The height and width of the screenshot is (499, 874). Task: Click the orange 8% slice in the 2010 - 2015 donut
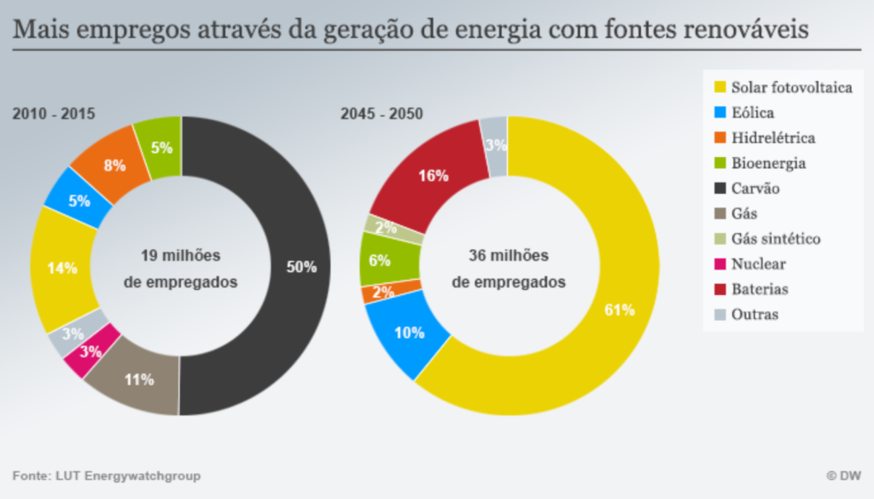[113, 165]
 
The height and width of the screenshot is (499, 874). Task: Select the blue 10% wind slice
[409, 333]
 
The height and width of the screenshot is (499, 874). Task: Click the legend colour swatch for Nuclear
[720, 264]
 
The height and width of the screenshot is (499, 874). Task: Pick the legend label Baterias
[760, 289]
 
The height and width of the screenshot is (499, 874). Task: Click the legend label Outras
[755, 315]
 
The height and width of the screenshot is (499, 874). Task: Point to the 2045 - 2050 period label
[382, 113]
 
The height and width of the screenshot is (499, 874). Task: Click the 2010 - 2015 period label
[53, 113]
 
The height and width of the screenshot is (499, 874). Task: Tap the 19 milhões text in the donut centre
[180, 255]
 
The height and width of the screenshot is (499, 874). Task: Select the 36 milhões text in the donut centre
[509, 255]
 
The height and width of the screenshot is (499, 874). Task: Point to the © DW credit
[843, 475]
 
